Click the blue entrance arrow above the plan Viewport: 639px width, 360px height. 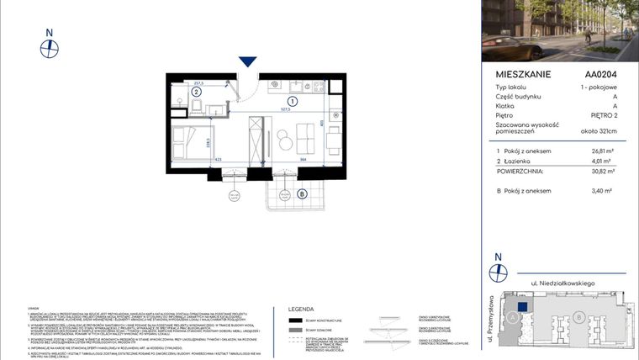coord(247,61)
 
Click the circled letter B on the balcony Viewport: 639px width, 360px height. coord(302,193)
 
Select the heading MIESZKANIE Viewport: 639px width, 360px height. coord(523,74)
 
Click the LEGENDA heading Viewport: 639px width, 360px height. coord(301,309)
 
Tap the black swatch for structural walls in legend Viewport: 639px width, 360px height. coord(295,320)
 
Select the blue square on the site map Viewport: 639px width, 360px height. coord(522,307)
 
